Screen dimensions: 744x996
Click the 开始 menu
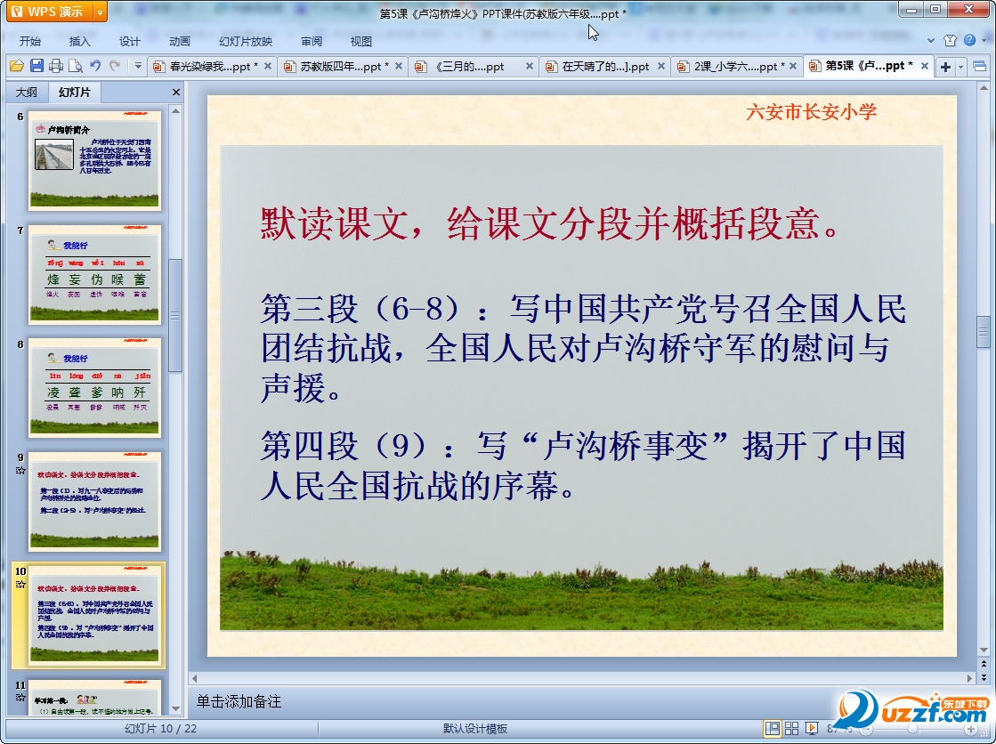[x=30, y=41]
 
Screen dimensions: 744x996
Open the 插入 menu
[x=80, y=41]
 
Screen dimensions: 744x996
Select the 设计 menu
[x=130, y=41]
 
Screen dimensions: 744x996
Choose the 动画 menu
[x=180, y=41]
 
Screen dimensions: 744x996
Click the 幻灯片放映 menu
[x=246, y=41]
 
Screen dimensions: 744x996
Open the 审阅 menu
[x=312, y=41]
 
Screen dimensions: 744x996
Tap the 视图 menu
[x=361, y=41]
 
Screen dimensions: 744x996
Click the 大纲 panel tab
[x=27, y=93]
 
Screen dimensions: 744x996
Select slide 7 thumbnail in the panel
[x=95, y=274]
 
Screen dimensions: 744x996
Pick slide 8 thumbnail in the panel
[x=95, y=387]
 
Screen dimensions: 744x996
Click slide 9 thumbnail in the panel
[x=95, y=501]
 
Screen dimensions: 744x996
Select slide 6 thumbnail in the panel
[x=95, y=160]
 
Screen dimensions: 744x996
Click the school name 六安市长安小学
[x=811, y=111]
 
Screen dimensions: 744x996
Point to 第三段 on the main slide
[x=309, y=310]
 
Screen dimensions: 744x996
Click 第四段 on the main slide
[x=309, y=446]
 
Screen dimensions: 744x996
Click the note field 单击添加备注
[x=239, y=702]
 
